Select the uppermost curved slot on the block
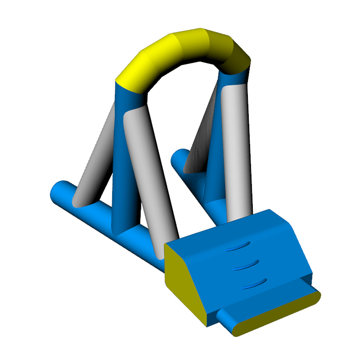click(238, 246)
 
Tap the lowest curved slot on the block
click(254, 283)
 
